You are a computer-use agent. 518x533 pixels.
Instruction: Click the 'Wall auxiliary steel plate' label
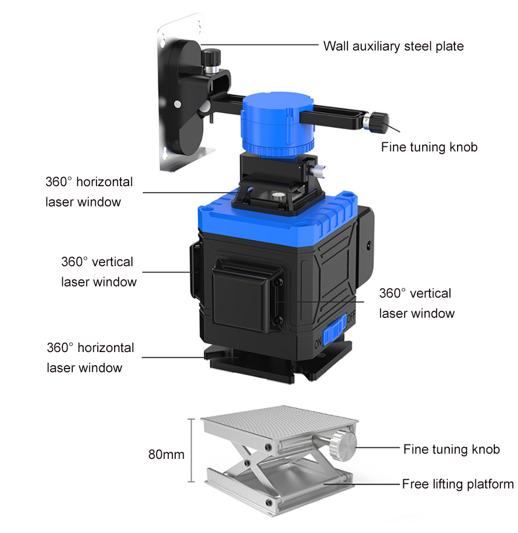393,47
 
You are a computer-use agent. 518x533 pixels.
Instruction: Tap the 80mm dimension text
166,454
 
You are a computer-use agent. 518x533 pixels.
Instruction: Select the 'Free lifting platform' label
458,484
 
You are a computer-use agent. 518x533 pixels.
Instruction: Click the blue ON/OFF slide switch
334,330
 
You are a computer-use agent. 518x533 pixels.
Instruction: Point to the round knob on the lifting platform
343,444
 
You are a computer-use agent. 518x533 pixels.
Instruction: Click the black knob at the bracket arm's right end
379,122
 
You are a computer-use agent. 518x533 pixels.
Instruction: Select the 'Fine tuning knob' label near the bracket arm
429,148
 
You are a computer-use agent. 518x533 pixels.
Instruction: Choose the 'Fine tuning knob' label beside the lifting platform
451,449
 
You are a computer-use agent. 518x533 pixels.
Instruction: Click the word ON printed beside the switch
318,344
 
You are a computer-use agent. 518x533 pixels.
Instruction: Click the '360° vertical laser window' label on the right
417,303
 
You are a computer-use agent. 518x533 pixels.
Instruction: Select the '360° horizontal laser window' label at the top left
89,191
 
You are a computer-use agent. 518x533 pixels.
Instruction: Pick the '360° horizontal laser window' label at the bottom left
90,357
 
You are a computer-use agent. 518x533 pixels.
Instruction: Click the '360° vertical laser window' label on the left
99,271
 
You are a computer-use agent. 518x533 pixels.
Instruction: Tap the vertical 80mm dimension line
191,450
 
